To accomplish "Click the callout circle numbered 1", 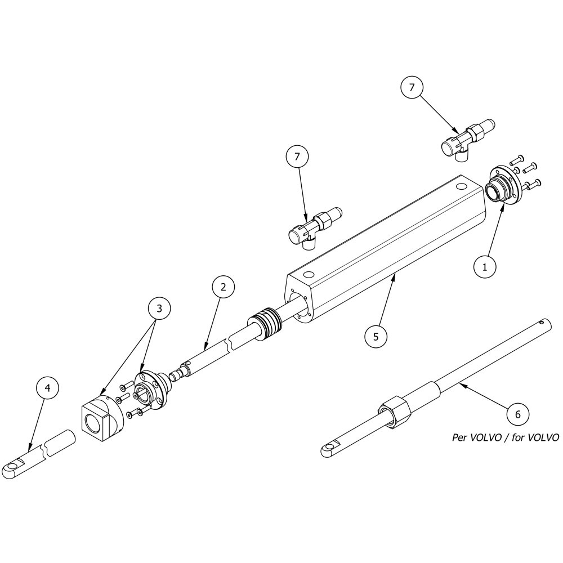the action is (485, 267).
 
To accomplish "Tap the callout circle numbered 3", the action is (159, 308).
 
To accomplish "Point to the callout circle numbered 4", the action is (47, 388).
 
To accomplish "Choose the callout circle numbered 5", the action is (376, 337).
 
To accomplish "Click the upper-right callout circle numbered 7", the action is (412, 87).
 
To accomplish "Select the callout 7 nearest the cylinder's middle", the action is (297, 157).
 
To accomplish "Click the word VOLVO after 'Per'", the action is (481, 437).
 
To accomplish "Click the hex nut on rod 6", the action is (394, 412).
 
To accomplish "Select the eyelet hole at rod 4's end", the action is (11, 466).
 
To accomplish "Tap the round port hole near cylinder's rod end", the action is (309, 275).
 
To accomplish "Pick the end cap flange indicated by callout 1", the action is (503, 185).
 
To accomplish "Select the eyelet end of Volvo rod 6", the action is (329, 449).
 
